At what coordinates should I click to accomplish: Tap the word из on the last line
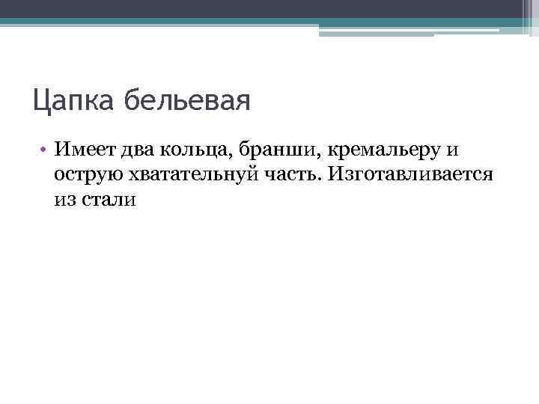[65, 201]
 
